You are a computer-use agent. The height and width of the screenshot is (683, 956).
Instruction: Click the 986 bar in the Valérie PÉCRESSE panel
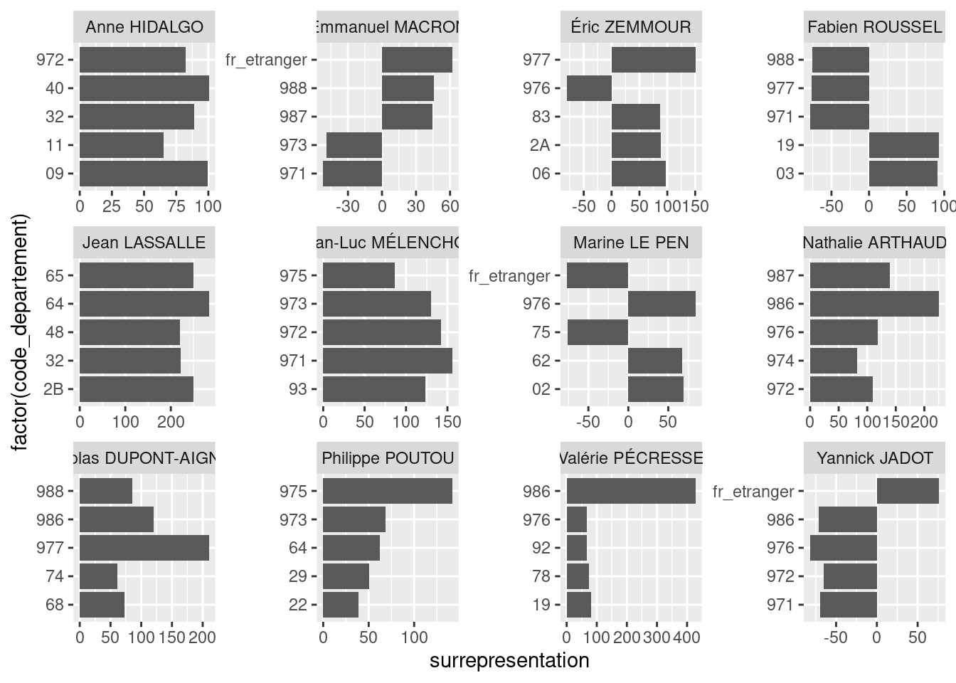pos(631,491)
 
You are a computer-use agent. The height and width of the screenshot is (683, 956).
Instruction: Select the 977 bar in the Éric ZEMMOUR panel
pos(653,60)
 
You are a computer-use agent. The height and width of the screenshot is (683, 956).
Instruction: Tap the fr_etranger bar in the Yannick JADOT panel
pos(907,491)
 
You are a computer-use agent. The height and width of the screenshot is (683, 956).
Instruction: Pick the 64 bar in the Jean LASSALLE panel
pos(144,304)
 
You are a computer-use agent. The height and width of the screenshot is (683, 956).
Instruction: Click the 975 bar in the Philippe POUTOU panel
pos(388,491)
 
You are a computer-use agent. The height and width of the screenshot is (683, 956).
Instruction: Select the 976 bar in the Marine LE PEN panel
pos(662,304)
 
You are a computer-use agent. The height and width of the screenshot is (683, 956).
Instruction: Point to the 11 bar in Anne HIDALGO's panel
pos(122,145)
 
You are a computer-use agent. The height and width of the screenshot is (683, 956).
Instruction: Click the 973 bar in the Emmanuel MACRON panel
pos(354,145)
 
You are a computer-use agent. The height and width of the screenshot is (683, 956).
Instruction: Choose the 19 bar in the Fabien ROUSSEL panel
pos(903,145)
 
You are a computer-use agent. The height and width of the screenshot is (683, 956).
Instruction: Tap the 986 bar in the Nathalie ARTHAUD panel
pos(874,304)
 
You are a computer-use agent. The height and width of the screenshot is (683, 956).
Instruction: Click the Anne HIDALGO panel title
pos(144,28)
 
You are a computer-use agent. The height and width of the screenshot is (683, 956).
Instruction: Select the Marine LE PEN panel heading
pos(631,243)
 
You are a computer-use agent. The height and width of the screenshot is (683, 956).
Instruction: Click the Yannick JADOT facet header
pos(874,458)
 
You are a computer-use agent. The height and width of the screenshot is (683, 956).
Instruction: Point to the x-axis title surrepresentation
pos(509,661)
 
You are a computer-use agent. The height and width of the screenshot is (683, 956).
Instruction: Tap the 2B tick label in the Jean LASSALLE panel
pos(54,389)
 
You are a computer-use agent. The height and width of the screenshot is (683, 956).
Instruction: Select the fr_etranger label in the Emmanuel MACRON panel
pos(266,60)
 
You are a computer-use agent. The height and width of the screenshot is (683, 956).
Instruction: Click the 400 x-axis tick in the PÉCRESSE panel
pos(686,637)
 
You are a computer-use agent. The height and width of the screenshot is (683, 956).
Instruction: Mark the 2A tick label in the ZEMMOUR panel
pos(541,145)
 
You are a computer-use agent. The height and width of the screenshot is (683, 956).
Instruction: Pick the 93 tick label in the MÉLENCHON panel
pos(298,389)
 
